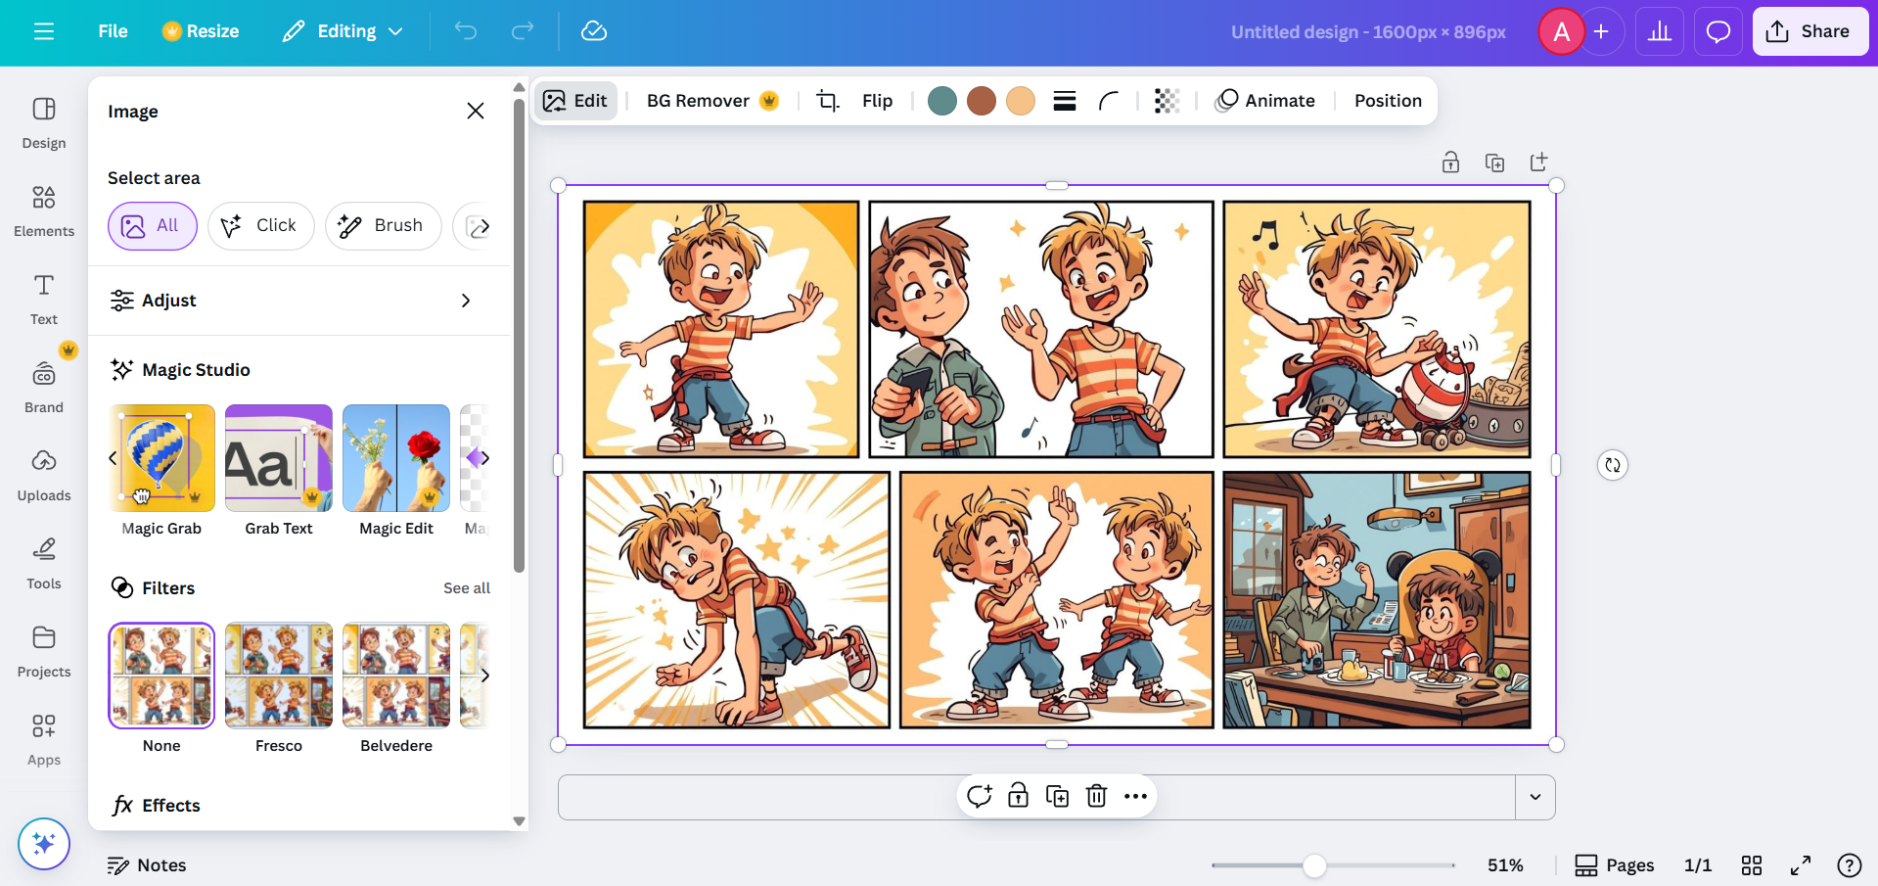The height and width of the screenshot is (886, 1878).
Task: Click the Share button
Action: tap(1809, 31)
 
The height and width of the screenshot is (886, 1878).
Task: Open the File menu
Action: tap(113, 31)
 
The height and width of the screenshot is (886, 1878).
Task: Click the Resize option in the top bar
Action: tap(201, 31)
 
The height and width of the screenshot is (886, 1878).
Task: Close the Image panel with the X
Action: tap(476, 111)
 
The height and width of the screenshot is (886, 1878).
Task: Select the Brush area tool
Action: tap(382, 226)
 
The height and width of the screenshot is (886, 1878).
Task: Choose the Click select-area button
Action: tap(260, 226)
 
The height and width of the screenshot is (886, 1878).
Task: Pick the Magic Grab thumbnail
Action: tap(161, 458)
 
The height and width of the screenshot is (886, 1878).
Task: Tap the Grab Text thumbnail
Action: tap(279, 458)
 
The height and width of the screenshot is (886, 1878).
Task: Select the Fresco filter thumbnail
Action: tap(279, 676)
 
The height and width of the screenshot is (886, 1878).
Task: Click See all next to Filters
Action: tap(467, 588)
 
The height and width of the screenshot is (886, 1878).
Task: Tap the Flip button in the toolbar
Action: tap(877, 101)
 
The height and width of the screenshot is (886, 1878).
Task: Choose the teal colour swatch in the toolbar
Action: tap(941, 101)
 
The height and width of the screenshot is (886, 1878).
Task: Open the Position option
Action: tap(1388, 101)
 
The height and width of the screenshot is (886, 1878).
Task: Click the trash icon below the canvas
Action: tap(1096, 796)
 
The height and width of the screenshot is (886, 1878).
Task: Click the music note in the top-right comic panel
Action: tap(1265, 235)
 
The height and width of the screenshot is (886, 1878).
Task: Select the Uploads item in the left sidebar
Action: tap(44, 474)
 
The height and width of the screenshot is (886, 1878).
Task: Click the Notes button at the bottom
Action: tap(147, 865)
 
